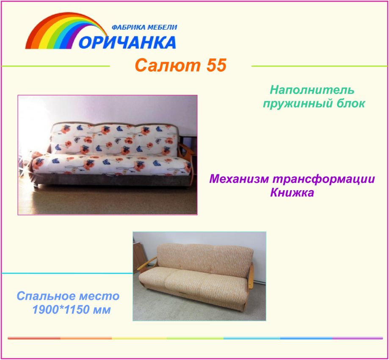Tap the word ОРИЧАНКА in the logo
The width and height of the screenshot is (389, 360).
coord(127,42)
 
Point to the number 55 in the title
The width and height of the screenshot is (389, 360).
coord(217,65)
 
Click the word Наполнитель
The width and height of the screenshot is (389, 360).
coord(312,90)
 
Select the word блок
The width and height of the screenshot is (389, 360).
coord(350,103)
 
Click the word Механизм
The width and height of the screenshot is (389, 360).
coord(239,179)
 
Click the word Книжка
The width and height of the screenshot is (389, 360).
coord(292,192)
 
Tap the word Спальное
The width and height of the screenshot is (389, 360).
coord(45,296)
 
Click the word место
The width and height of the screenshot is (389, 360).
coord(99,296)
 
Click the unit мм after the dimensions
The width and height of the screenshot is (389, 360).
coord(102,310)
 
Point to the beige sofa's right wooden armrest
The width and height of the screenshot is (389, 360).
coord(251,276)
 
